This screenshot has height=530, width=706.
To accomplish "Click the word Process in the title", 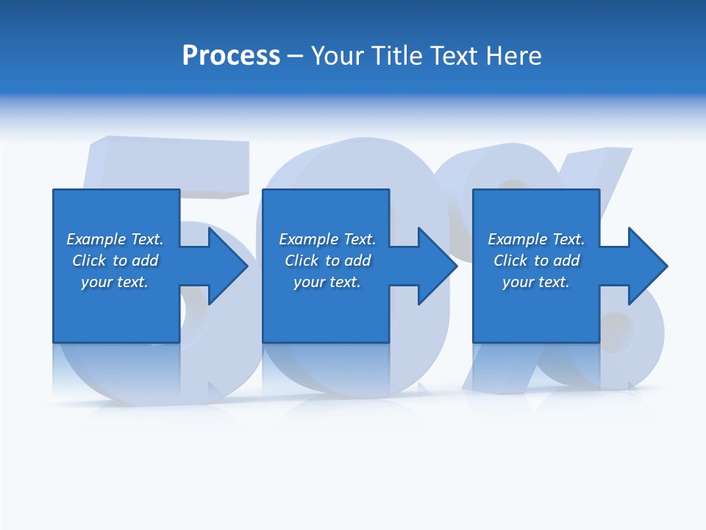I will (x=231, y=56).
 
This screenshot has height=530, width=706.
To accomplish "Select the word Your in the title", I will (x=339, y=56).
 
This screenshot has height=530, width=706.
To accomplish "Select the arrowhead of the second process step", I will (x=438, y=266).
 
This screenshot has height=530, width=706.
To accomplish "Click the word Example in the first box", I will (x=96, y=239).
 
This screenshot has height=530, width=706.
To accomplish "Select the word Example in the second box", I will (x=309, y=239).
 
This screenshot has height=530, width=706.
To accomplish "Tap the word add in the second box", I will (x=357, y=261).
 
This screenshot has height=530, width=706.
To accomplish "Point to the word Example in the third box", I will (x=518, y=239).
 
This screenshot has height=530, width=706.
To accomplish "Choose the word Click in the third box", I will (x=510, y=261).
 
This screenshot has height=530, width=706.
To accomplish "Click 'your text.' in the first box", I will (x=115, y=282).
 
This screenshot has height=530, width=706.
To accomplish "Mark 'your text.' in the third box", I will (x=536, y=282).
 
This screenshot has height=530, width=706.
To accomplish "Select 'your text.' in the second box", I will (x=327, y=282).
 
